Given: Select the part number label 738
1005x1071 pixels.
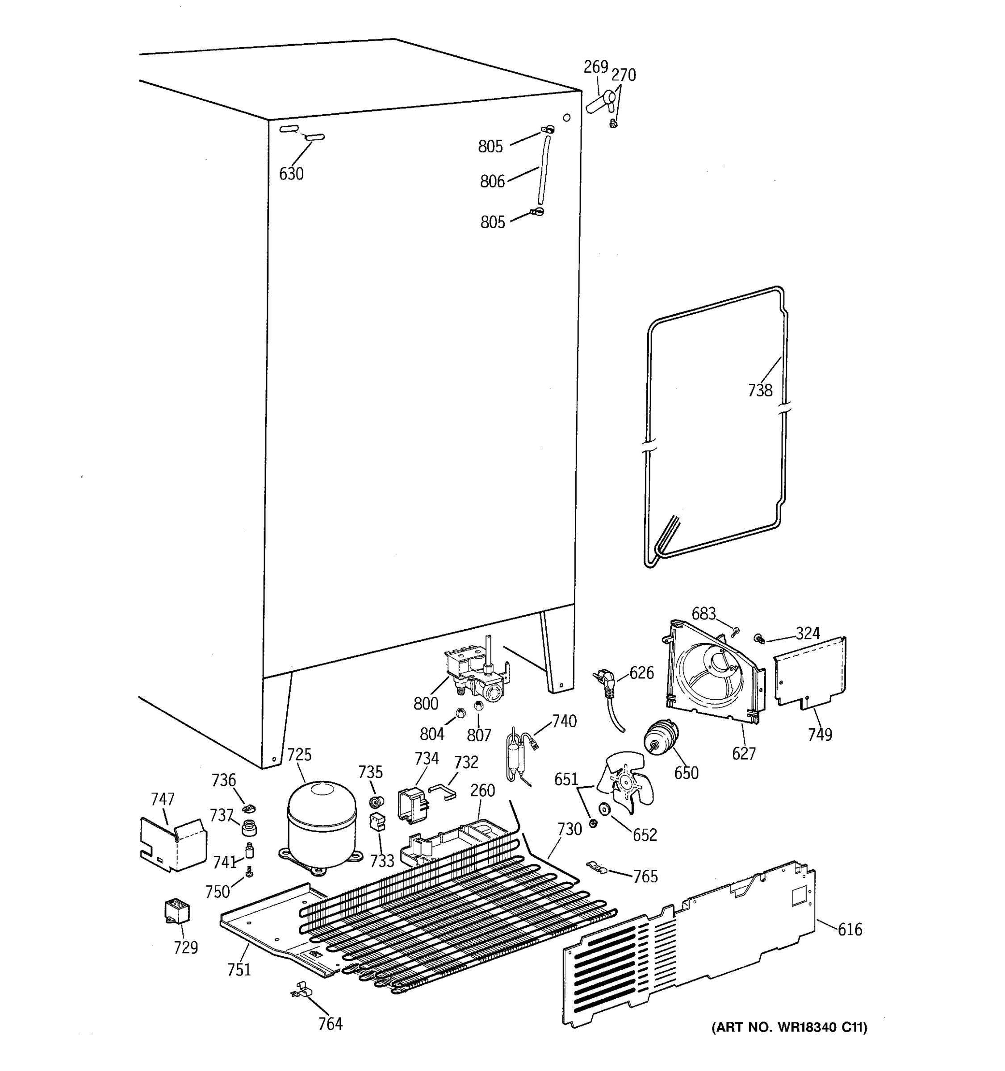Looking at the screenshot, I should click(x=760, y=390).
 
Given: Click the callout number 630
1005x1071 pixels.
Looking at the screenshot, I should click(x=291, y=174).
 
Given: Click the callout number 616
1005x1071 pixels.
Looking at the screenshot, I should click(x=850, y=929).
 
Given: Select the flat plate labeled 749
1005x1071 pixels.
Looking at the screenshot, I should click(x=810, y=672).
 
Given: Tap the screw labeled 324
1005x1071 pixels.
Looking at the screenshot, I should click(x=760, y=639).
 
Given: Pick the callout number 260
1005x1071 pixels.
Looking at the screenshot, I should click(x=482, y=790).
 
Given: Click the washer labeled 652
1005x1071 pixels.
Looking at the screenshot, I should click(x=603, y=809).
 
